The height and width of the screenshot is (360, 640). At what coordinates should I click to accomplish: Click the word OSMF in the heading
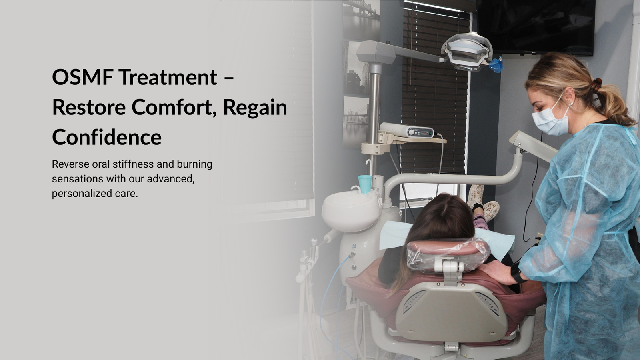point(82,77)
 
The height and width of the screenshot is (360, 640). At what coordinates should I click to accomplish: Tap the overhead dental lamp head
point(467,52)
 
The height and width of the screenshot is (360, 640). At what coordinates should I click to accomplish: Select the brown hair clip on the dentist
point(596,84)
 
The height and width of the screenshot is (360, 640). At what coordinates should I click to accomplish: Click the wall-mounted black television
point(536,27)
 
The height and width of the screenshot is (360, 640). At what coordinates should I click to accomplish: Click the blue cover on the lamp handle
point(496,65)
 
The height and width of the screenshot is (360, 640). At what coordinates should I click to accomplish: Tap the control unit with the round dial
point(407,130)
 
